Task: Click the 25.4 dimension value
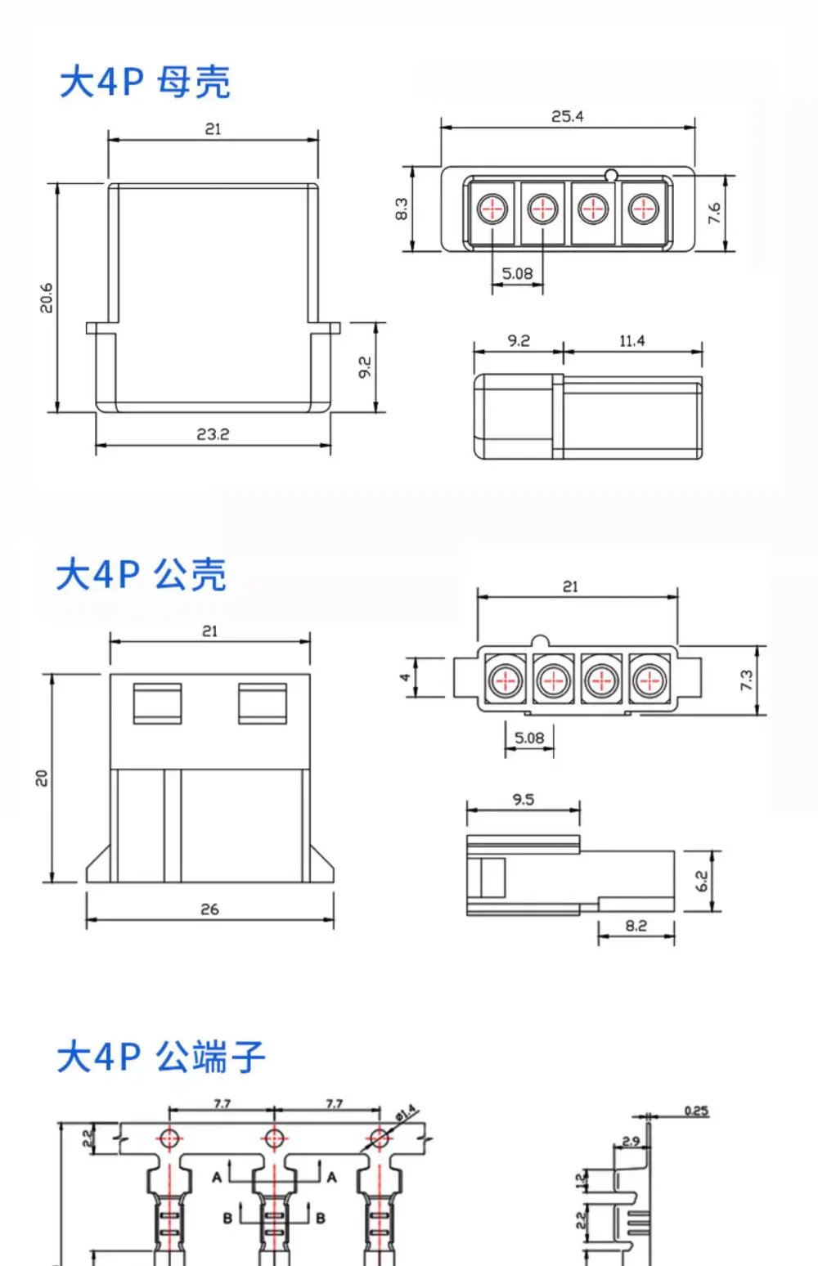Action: [x=567, y=116]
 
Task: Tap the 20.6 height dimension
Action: [x=47, y=298]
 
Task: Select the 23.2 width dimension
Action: [x=213, y=434]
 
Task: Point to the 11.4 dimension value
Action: [x=632, y=341]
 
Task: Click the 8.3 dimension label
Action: [x=401, y=209]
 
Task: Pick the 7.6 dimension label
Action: [x=715, y=213]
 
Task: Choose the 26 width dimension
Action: [x=209, y=909]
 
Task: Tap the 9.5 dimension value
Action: [x=523, y=800]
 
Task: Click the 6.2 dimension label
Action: [x=701, y=881]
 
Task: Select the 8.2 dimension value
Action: [x=636, y=926]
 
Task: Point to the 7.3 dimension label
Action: [x=746, y=680]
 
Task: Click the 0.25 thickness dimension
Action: [x=696, y=1111]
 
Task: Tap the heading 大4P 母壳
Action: [x=145, y=82]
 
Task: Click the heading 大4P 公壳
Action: [x=142, y=575]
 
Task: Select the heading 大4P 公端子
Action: [x=161, y=1057]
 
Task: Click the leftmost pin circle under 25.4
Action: [x=492, y=209]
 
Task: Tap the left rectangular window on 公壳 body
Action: [x=158, y=703]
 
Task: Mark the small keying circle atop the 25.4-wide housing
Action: [x=610, y=175]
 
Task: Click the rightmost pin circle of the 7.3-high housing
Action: [x=649, y=680]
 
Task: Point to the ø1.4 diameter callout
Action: [x=406, y=1112]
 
